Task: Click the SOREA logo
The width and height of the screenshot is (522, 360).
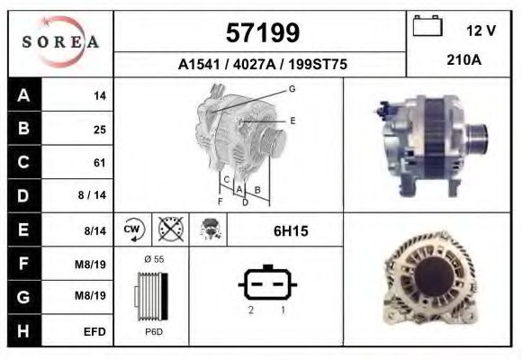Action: point(61,43)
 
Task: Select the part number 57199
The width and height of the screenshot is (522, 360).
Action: point(260,32)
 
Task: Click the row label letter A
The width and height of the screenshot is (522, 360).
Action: point(23,95)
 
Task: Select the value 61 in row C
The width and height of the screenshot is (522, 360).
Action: point(100,163)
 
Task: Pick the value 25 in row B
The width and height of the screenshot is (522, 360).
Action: point(100,129)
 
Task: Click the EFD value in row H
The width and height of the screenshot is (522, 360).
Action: point(94,331)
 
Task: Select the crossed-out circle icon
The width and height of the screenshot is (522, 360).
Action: point(169,230)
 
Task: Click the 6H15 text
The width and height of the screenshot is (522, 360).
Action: point(291,231)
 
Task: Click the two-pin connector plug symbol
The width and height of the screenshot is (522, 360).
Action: point(268,285)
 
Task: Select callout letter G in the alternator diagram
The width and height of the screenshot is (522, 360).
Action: point(292,88)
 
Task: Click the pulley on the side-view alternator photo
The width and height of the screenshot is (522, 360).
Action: point(477,139)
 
